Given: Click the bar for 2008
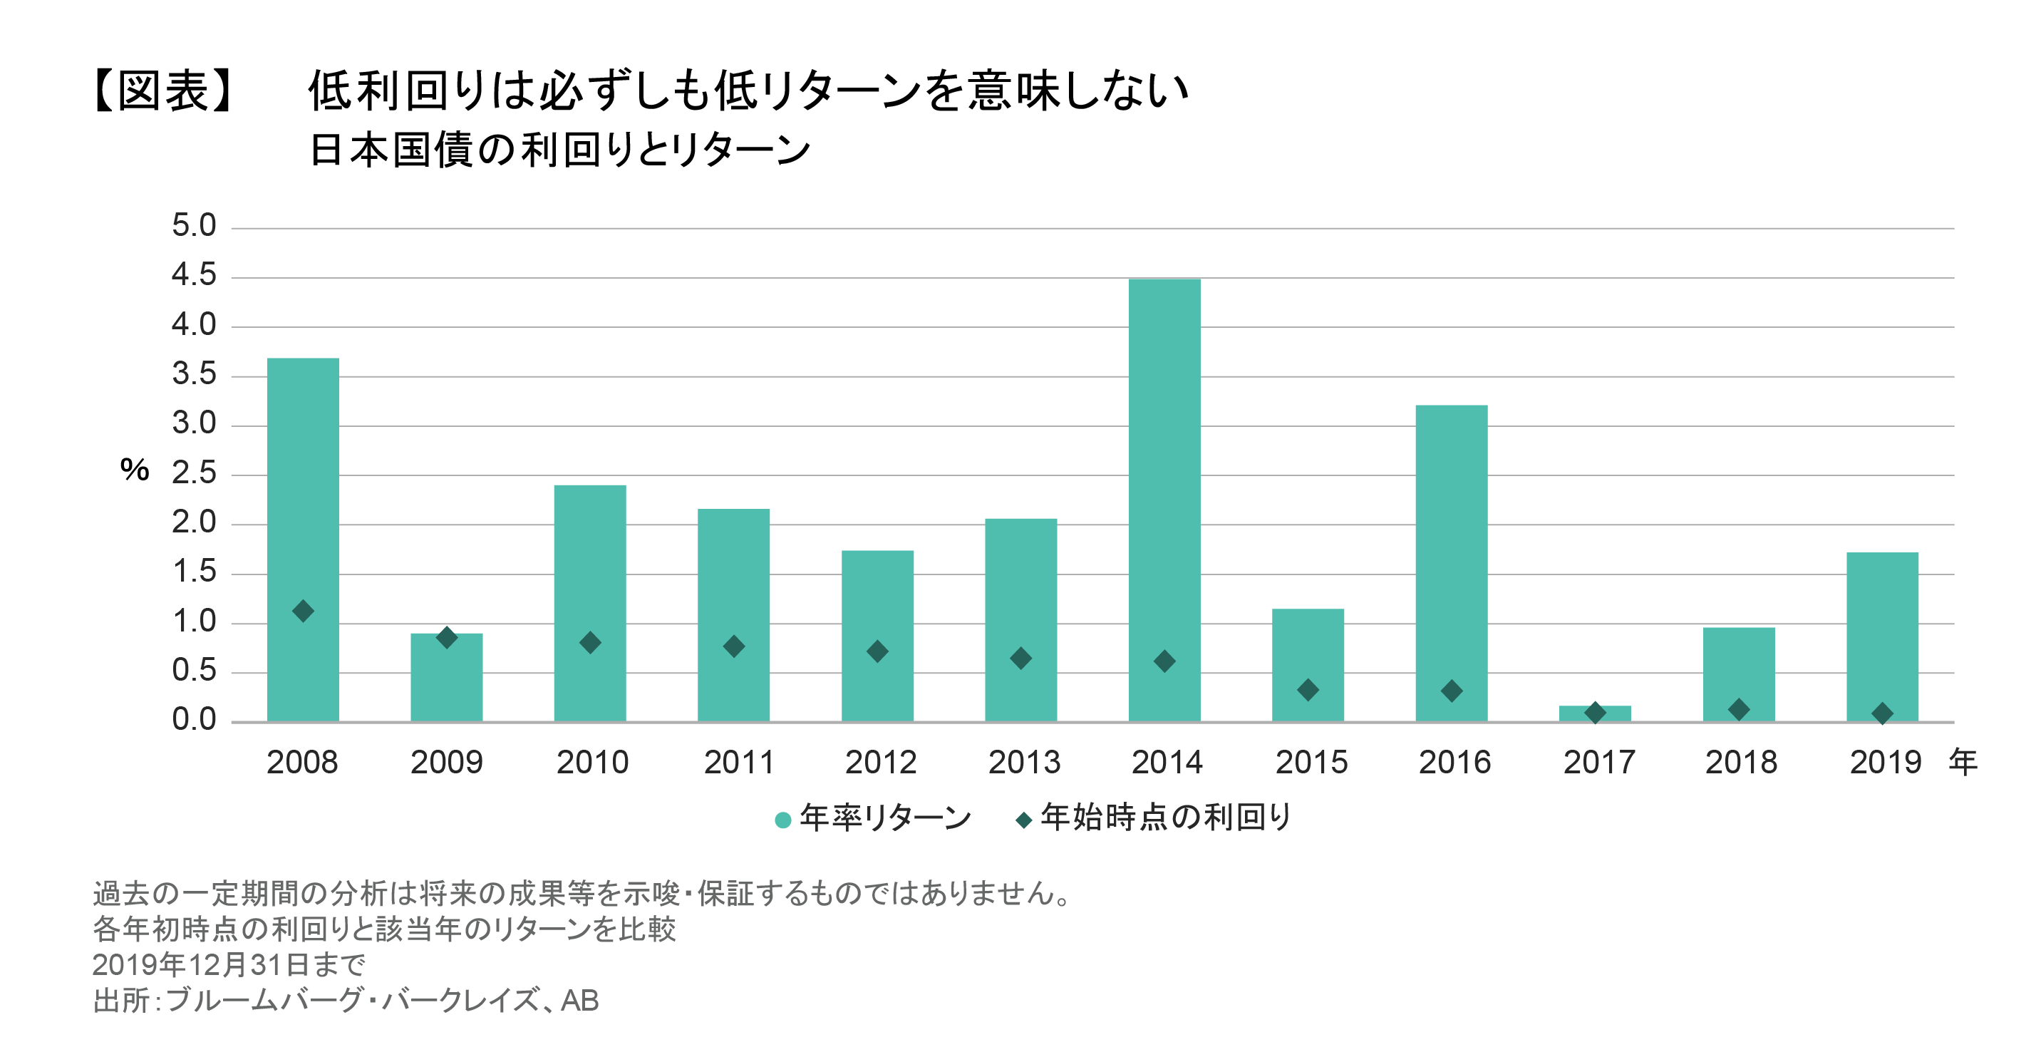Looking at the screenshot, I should click(303, 489).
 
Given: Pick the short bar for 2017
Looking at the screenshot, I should click(1595, 714).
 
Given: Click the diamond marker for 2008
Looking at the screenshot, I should click(303, 611).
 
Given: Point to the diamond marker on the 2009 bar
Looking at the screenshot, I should click(446, 638).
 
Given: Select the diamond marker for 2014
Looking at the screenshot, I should click(1164, 661).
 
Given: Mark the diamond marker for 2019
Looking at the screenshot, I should click(1882, 714).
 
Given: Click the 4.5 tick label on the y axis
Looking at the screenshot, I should click(194, 275).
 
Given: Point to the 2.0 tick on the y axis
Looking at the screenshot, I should click(194, 522).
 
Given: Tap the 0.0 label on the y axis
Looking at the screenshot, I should click(194, 719).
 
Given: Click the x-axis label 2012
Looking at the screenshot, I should click(880, 763).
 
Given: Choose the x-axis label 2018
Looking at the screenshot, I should click(1741, 763).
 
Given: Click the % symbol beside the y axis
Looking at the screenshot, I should click(135, 470).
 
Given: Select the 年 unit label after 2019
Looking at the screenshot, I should click(1963, 763).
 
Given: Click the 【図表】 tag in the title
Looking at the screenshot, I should click(164, 91).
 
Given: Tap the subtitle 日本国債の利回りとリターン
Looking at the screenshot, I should click(560, 150).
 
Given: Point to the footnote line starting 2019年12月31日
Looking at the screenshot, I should click(229, 964).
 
